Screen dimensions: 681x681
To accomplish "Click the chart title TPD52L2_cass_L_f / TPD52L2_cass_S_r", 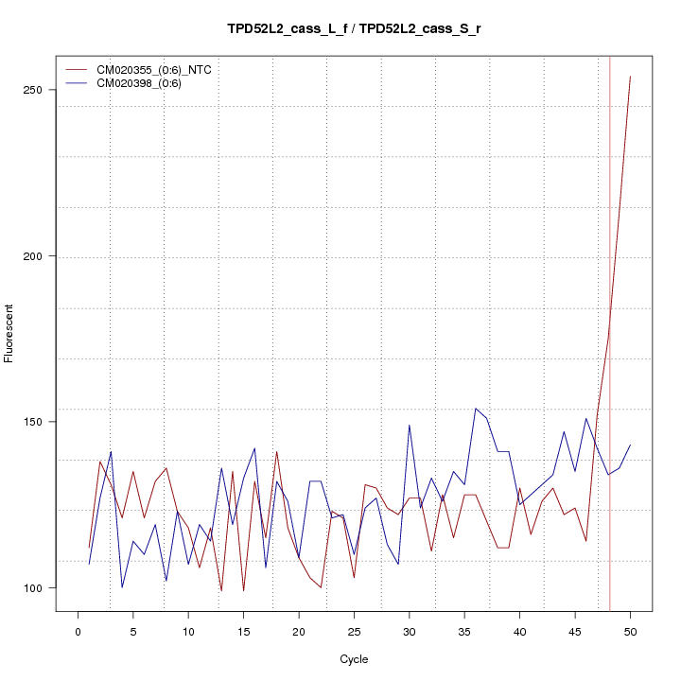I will click(x=354, y=29).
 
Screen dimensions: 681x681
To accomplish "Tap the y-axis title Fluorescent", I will click(x=10, y=333).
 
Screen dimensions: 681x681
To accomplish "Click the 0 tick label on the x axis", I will click(x=78, y=632).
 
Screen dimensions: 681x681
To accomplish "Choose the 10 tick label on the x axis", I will click(x=188, y=632).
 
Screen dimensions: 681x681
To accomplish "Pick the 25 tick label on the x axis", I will click(x=354, y=632).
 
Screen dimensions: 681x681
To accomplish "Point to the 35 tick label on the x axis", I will click(x=464, y=632).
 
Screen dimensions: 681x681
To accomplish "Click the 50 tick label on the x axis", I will click(x=630, y=632).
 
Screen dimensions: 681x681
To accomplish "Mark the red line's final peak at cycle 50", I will click(x=630, y=77).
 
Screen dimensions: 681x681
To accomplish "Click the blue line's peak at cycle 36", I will click(x=476, y=409).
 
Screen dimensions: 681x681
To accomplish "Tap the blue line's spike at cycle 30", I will click(x=410, y=426).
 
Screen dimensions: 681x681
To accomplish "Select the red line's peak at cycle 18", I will click(x=276, y=452).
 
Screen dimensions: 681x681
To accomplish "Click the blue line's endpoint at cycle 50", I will click(x=630, y=445).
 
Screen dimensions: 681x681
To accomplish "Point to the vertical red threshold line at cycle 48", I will click(x=609, y=284).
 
